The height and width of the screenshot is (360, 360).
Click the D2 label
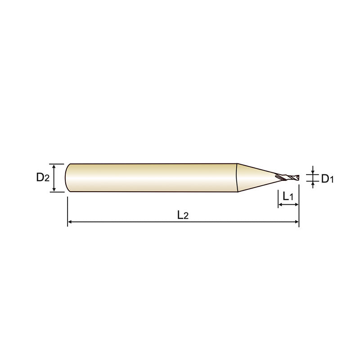[43, 177]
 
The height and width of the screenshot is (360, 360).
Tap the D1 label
[327, 178]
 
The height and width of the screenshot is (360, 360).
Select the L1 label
[288, 196]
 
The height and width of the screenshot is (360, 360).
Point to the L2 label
[183, 215]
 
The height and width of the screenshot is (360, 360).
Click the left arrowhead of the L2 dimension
[70, 222]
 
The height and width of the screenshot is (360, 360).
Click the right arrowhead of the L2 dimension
[297, 222]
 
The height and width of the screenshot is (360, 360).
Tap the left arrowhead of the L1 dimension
[280, 204]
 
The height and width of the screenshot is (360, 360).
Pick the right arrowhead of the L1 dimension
[297, 204]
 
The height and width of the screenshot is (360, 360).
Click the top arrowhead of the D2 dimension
[54, 166]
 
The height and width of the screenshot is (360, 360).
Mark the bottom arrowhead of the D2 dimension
[54, 189]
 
